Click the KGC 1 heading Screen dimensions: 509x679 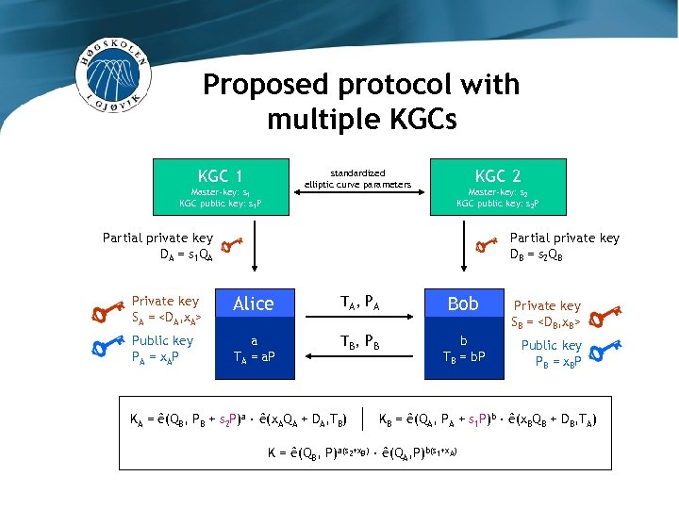tap(221, 175)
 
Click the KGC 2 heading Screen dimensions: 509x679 tap(497, 175)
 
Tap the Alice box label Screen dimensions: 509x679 tap(253, 304)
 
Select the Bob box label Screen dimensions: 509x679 tap(463, 304)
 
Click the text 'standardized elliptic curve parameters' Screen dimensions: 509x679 tap(358, 178)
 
